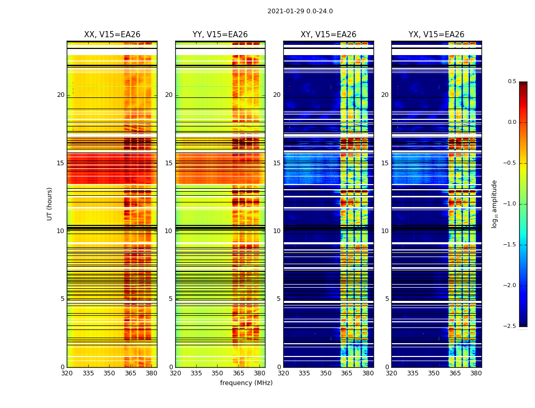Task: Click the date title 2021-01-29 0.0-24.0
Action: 300,11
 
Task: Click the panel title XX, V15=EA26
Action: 112,35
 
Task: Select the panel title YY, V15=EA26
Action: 220,35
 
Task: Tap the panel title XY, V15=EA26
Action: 328,35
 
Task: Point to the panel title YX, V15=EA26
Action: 436,35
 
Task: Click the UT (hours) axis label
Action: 49,203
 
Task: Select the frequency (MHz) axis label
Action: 246,383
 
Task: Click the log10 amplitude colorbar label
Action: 494,203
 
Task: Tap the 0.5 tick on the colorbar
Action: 512,82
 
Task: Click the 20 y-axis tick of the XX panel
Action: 61,95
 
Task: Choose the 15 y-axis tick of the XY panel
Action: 277,163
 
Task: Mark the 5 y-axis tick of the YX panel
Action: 387,299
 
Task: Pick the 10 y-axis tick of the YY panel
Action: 169,231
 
